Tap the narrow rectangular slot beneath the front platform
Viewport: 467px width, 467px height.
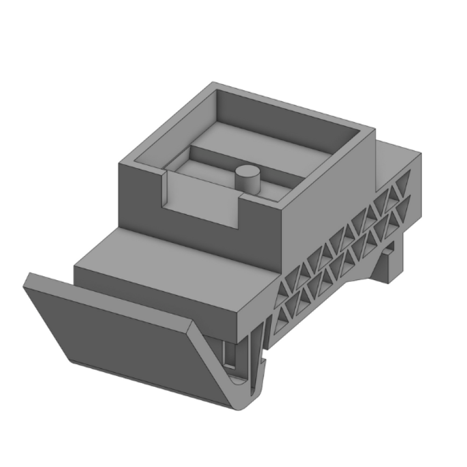(229, 354)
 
